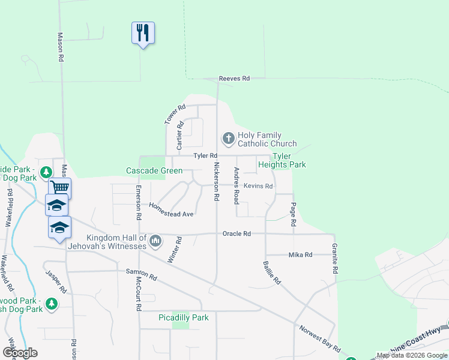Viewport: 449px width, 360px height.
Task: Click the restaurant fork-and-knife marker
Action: coord(143,32)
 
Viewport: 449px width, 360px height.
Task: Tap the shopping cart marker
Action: coord(59,188)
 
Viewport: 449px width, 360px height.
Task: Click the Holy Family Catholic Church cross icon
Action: coord(228,139)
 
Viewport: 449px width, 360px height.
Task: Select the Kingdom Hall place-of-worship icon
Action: coord(155,241)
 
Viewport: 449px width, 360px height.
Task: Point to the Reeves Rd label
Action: coord(234,79)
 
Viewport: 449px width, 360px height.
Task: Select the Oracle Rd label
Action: coord(236,233)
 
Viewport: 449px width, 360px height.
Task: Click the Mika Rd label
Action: coord(301,255)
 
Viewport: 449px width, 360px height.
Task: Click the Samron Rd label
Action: coord(141,275)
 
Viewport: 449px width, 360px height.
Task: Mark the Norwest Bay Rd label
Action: coord(319,338)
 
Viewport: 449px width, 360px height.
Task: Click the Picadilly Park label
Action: coord(183,317)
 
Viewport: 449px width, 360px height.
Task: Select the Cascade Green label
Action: coord(154,171)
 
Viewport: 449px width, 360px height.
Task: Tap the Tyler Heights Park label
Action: coord(282,160)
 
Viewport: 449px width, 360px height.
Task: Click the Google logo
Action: coord(20,352)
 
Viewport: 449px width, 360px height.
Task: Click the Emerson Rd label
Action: coord(138,202)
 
